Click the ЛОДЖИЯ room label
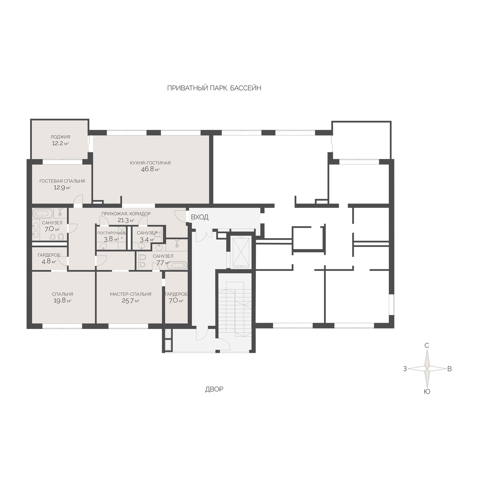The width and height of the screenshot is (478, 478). pos(60,137)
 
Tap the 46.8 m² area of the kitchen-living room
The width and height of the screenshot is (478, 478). pos(150,169)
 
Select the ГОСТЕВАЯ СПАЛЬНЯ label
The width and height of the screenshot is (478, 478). pos(62,181)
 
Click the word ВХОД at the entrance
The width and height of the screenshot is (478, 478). pos(200,217)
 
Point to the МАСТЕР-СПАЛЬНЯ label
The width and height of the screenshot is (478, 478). pos(131,294)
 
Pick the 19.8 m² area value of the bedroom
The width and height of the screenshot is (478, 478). pos(63,301)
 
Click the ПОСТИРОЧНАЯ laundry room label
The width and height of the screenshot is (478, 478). pos(112,233)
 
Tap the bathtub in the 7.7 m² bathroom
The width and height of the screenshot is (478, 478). pos(176,265)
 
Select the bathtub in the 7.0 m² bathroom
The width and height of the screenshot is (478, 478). pos(43,213)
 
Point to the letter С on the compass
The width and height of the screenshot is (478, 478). pos(427,345)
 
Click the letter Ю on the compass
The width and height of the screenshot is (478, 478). pos(427,392)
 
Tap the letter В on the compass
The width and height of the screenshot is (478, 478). pos(449,369)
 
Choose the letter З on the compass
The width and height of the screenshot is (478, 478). pos(405,369)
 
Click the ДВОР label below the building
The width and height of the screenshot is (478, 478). pos(214,390)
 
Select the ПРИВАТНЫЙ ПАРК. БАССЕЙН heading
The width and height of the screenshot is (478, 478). pos(214,88)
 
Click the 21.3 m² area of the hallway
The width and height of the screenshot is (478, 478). pos(126,220)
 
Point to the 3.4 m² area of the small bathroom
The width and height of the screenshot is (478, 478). pos(147,239)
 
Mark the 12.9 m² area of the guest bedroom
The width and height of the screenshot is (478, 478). pos(62,188)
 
